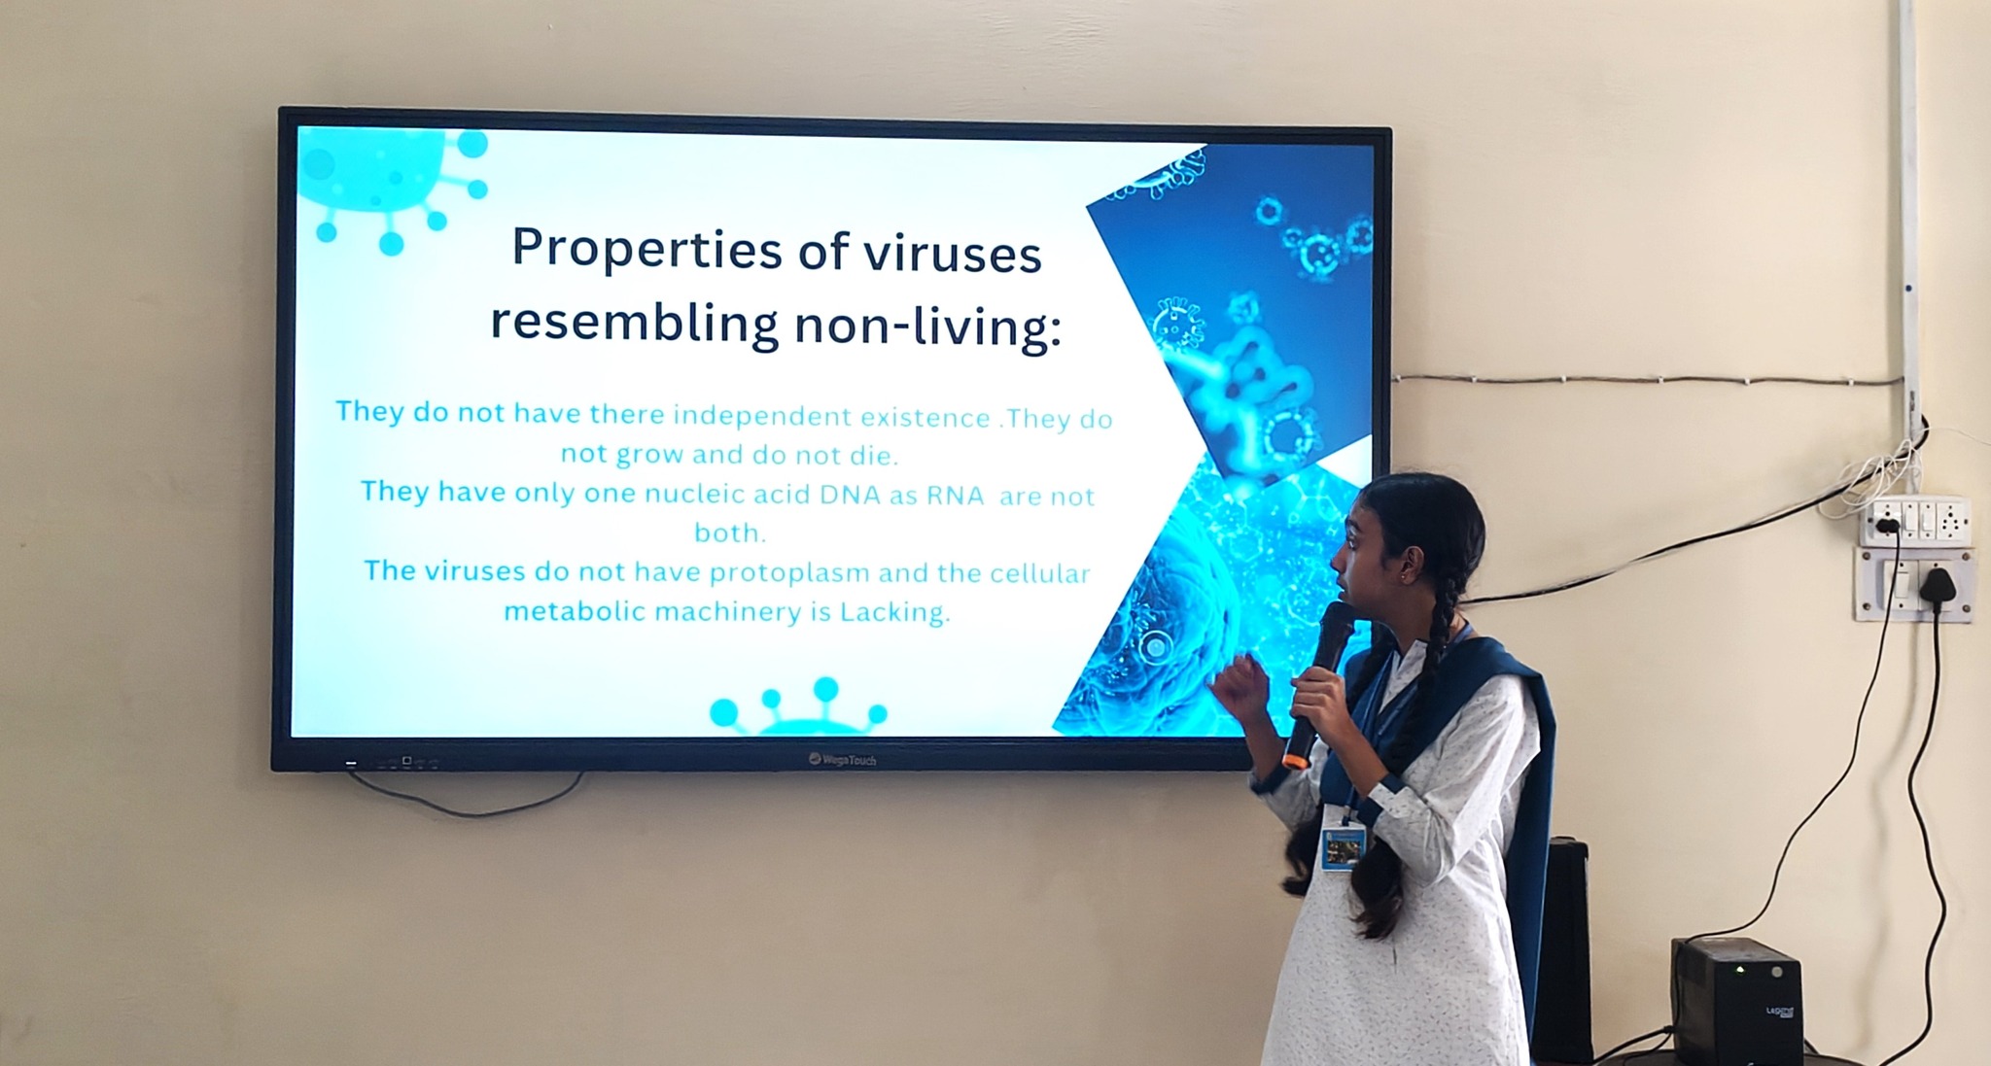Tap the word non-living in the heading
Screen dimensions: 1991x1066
(x=928, y=326)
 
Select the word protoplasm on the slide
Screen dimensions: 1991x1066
(x=788, y=574)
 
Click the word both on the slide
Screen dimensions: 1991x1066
(x=730, y=533)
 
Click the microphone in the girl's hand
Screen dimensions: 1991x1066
(x=1317, y=681)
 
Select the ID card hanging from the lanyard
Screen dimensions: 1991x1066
(x=1344, y=848)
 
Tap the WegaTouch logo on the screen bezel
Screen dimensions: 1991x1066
(x=842, y=759)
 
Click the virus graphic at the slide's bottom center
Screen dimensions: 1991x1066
(x=797, y=706)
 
